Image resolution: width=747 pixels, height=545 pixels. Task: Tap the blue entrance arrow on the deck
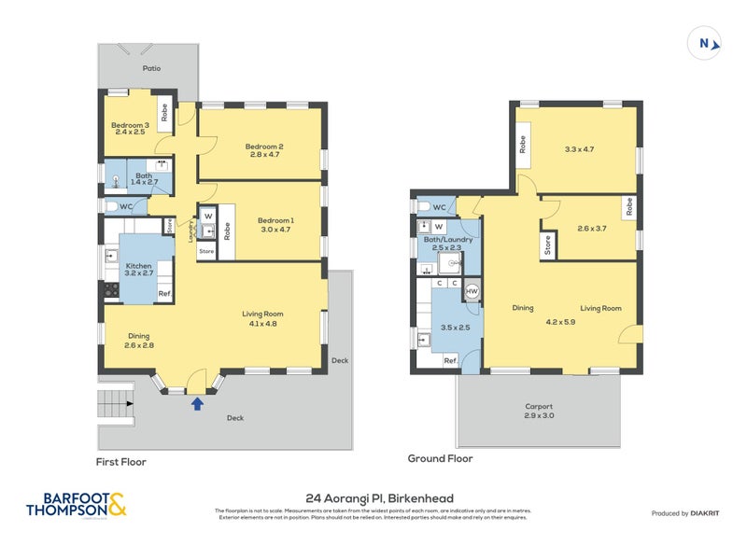pyautogui.click(x=197, y=404)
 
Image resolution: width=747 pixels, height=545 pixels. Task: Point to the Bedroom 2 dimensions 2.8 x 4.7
pyautogui.click(x=264, y=156)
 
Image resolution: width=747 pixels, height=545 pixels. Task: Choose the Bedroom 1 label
pyautogui.click(x=275, y=219)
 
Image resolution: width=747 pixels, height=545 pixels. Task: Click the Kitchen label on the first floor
pyautogui.click(x=138, y=266)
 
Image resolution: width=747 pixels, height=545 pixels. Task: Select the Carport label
pyautogui.click(x=539, y=407)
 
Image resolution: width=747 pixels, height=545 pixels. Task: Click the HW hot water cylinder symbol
pyautogui.click(x=472, y=291)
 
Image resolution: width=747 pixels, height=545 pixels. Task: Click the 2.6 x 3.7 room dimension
pyautogui.click(x=592, y=229)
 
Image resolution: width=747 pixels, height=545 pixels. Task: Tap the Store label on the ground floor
pyautogui.click(x=546, y=246)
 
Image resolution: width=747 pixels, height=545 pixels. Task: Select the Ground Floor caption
pyautogui.click(x=440, y=458)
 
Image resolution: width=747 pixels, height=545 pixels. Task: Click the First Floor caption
pyautogui.click(x=121, y=461)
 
